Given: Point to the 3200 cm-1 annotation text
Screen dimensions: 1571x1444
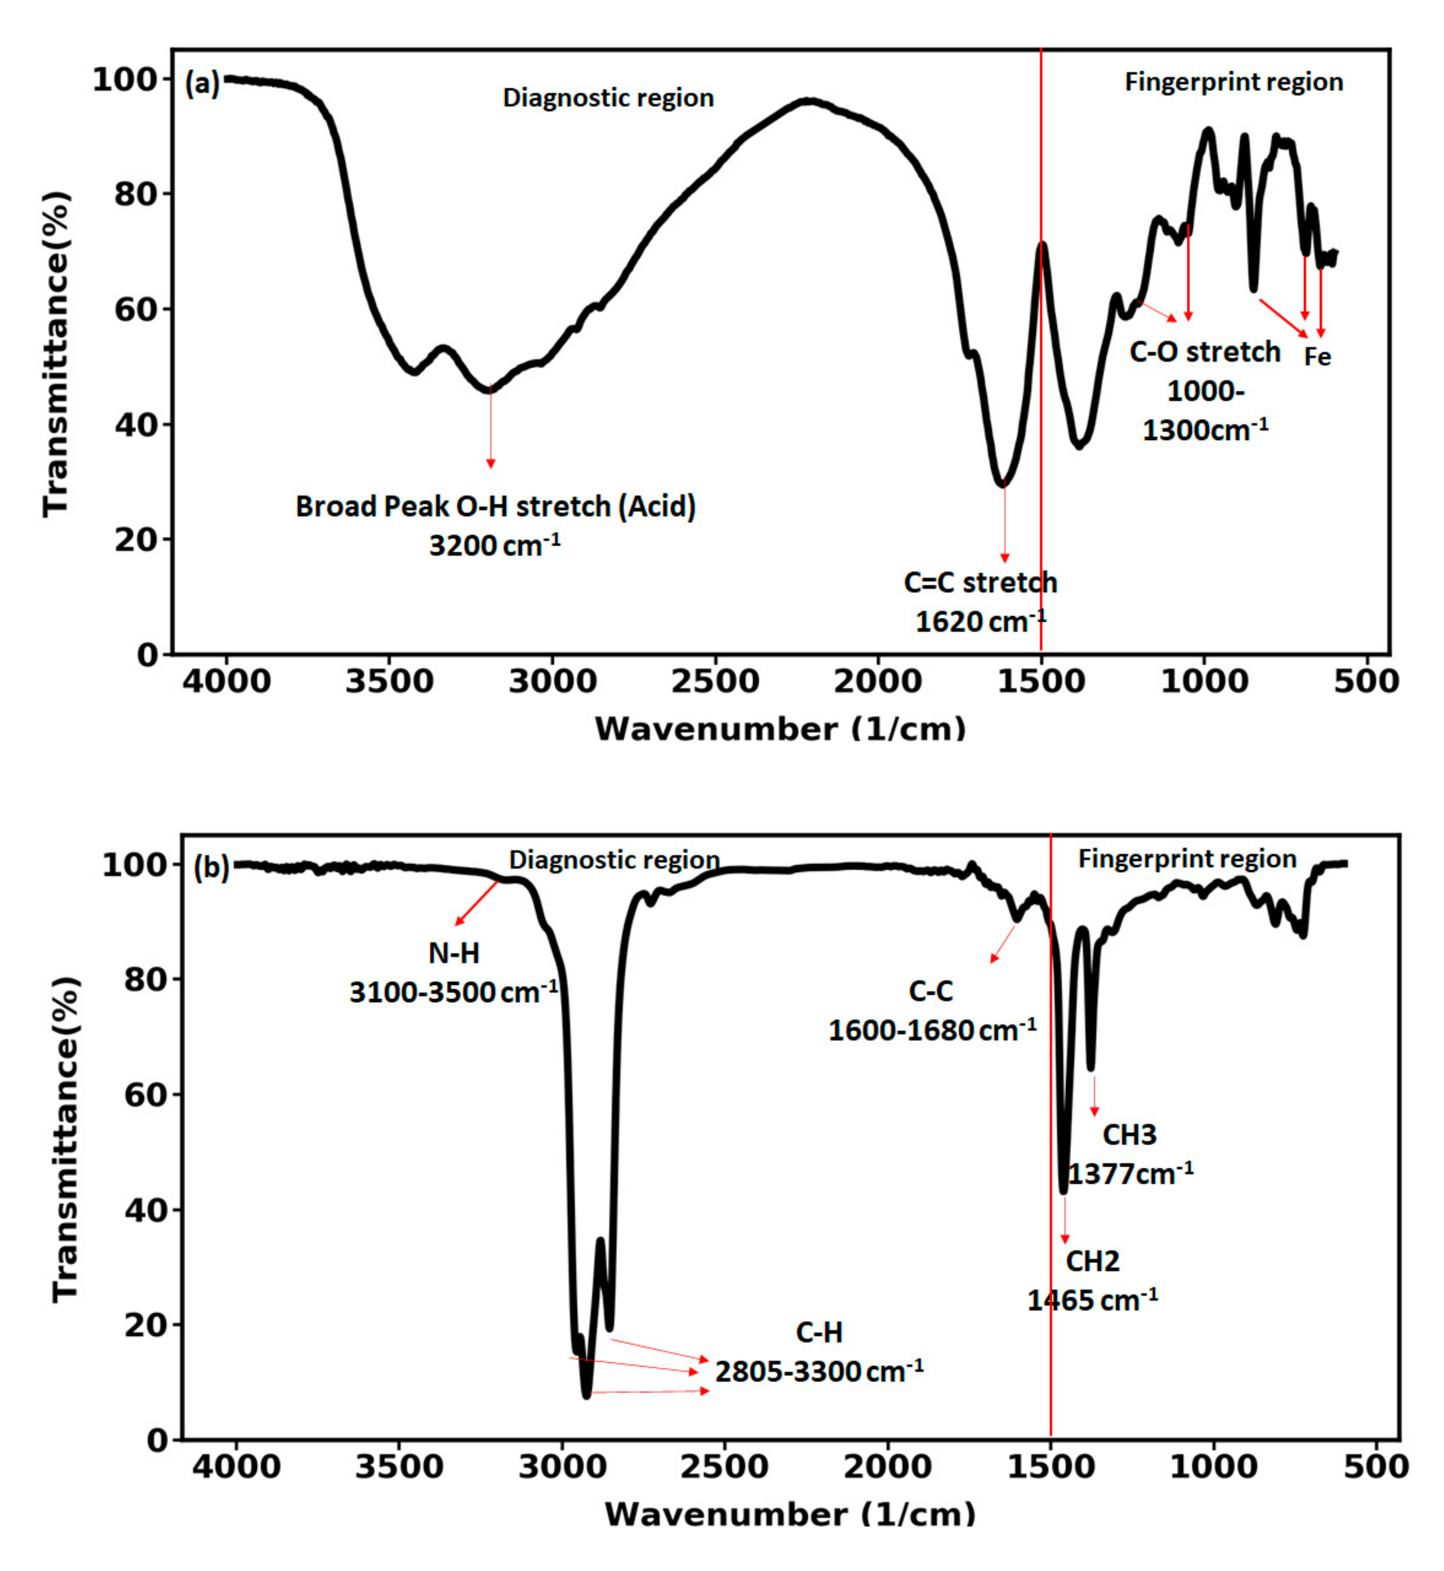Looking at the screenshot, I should [x=494, y=545].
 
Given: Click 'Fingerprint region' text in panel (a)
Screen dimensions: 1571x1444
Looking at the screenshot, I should [x=1233, y=82].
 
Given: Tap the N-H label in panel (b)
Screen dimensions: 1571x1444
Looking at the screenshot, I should [x=454, y=953].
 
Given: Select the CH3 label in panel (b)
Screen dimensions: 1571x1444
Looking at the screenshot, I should [x=1129, y=1134].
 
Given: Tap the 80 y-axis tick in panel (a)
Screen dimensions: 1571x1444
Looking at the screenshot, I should [x=137, y=195].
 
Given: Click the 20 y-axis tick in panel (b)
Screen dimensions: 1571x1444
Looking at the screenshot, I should [x=146, y=1326].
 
